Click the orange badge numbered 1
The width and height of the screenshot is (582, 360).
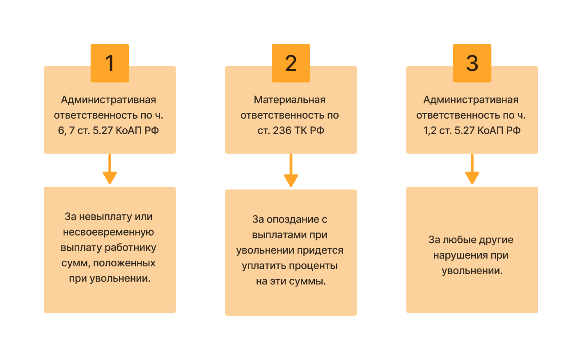[x=110, y=63]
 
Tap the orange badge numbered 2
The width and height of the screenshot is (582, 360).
[x=291, y=63]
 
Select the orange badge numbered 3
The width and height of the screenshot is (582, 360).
[x=472, y=63]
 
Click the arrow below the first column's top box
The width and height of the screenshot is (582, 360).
[x=110, y=169]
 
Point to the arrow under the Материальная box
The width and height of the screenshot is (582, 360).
[x=291, y=170]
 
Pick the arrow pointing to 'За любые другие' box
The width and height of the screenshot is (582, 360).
[x=472, y=169]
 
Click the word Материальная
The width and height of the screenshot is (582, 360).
[x=289, y=100]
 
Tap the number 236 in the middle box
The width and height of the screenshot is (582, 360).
[x=282, y=131]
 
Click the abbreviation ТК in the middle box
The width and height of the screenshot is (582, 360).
[x=300, y=131]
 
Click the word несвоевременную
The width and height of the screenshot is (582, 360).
[x=108, y=232]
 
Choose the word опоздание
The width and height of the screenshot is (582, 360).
[x=293, y=220]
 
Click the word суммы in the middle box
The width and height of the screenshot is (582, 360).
[x=307, y=282]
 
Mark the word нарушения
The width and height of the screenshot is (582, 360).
[x=461, y=255]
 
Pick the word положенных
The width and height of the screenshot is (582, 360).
[x=124, y=263]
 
